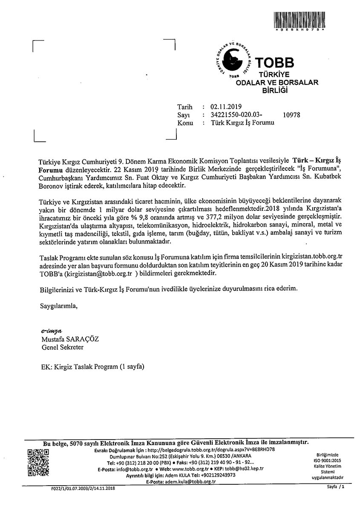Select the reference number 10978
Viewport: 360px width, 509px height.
tap(291, 115)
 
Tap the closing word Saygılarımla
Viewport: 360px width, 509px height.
tap(59, 305)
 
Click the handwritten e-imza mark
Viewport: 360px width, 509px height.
tap(51, 331)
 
